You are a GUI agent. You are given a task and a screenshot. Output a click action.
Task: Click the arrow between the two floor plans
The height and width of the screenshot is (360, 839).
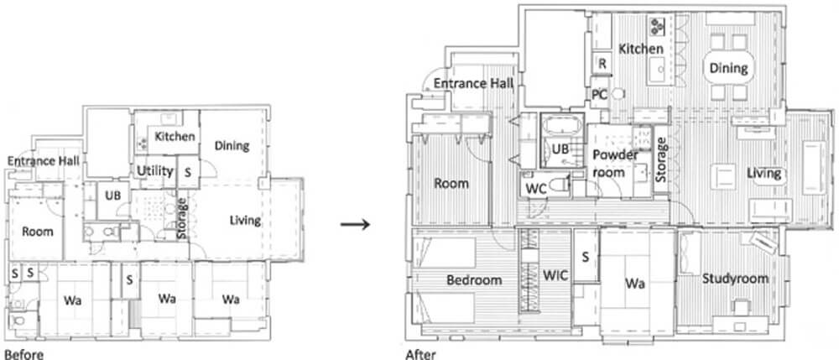[355, 224]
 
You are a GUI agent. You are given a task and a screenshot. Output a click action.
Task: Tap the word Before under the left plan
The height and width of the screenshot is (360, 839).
[23, 354]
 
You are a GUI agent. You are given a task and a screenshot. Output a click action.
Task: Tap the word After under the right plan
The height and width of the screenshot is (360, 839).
[420, 354]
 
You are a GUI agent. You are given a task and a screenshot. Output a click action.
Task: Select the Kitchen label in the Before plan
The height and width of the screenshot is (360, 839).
[175, 137]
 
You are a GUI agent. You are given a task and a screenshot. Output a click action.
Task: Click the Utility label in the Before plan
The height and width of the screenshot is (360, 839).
[154, 171]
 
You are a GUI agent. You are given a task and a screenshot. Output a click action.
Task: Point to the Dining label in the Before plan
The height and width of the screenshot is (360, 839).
[232, 145]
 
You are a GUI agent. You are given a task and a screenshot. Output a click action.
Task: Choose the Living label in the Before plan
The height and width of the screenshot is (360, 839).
[245, 221]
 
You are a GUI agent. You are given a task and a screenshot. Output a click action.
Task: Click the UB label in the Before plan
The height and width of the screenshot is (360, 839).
[113, 196]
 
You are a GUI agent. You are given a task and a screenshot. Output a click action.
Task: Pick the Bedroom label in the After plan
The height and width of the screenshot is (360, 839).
[475, 279]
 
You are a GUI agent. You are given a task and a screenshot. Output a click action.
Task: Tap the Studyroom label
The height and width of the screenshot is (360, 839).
[735, 279]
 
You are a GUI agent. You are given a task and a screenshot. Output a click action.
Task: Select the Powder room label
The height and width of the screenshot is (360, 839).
[614, 164]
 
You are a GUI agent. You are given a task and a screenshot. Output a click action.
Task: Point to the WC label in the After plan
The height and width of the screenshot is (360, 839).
[535, 189]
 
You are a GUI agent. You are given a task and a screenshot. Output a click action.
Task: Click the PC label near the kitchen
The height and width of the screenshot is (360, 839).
[599, 95]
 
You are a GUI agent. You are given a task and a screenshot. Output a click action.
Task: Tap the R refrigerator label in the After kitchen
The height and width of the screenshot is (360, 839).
[602, 64]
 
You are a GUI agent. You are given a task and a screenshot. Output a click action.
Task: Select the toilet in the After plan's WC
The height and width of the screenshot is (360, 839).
[557, 185]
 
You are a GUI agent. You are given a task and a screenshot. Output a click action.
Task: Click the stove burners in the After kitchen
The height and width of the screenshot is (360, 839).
[657, 24]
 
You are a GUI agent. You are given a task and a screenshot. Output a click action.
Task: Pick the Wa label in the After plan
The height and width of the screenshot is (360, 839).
[634, 283]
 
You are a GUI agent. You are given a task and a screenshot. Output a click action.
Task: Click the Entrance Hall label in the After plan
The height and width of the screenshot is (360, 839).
[473, 83]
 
